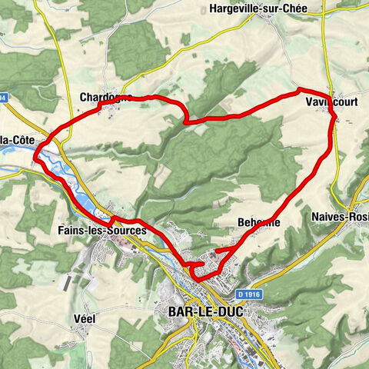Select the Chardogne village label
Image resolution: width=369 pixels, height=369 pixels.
105,98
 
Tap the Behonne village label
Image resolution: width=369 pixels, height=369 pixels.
260,222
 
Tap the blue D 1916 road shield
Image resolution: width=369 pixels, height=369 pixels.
248,294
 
